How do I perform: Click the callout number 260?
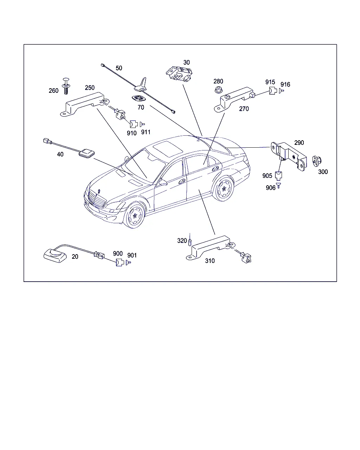(x=53, y=91)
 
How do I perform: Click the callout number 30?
(x=186, y=63)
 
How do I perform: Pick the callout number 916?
(x=285, y=84)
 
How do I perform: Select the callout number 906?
(x=271, y=188)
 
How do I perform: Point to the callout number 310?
(x=210, y=261)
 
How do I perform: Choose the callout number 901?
(x=132, y=256)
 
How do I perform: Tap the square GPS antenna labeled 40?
(x=86, y=153)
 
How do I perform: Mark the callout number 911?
(x=146, y=132)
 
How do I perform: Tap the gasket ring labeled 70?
(x=138, y=99)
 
